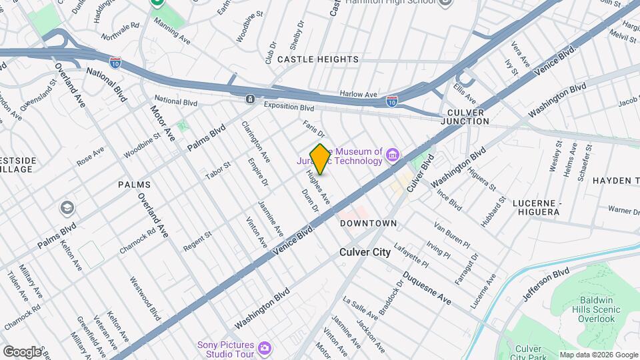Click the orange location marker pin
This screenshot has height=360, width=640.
(x=320, y=159)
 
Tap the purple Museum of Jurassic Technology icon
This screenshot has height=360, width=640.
(x=393, y=156)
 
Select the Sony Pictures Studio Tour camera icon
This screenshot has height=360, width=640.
(x=265, y=348)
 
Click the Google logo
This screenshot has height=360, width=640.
(x=21, y=351)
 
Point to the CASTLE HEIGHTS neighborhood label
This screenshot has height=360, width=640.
(x=318, y=59)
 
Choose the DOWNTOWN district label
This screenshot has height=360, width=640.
(x=369, y=223)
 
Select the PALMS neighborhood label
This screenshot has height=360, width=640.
(x=134, y=184)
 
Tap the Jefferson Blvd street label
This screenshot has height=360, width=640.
(x=546, y=283)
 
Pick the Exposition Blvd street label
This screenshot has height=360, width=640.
(x=288, y=107)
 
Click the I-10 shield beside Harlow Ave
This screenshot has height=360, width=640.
(x=392, y=101)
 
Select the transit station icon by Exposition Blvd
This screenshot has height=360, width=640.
(x=250, y=99)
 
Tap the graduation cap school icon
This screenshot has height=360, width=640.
(x=67, y=208)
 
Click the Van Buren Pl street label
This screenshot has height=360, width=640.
(x=452, y=234)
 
